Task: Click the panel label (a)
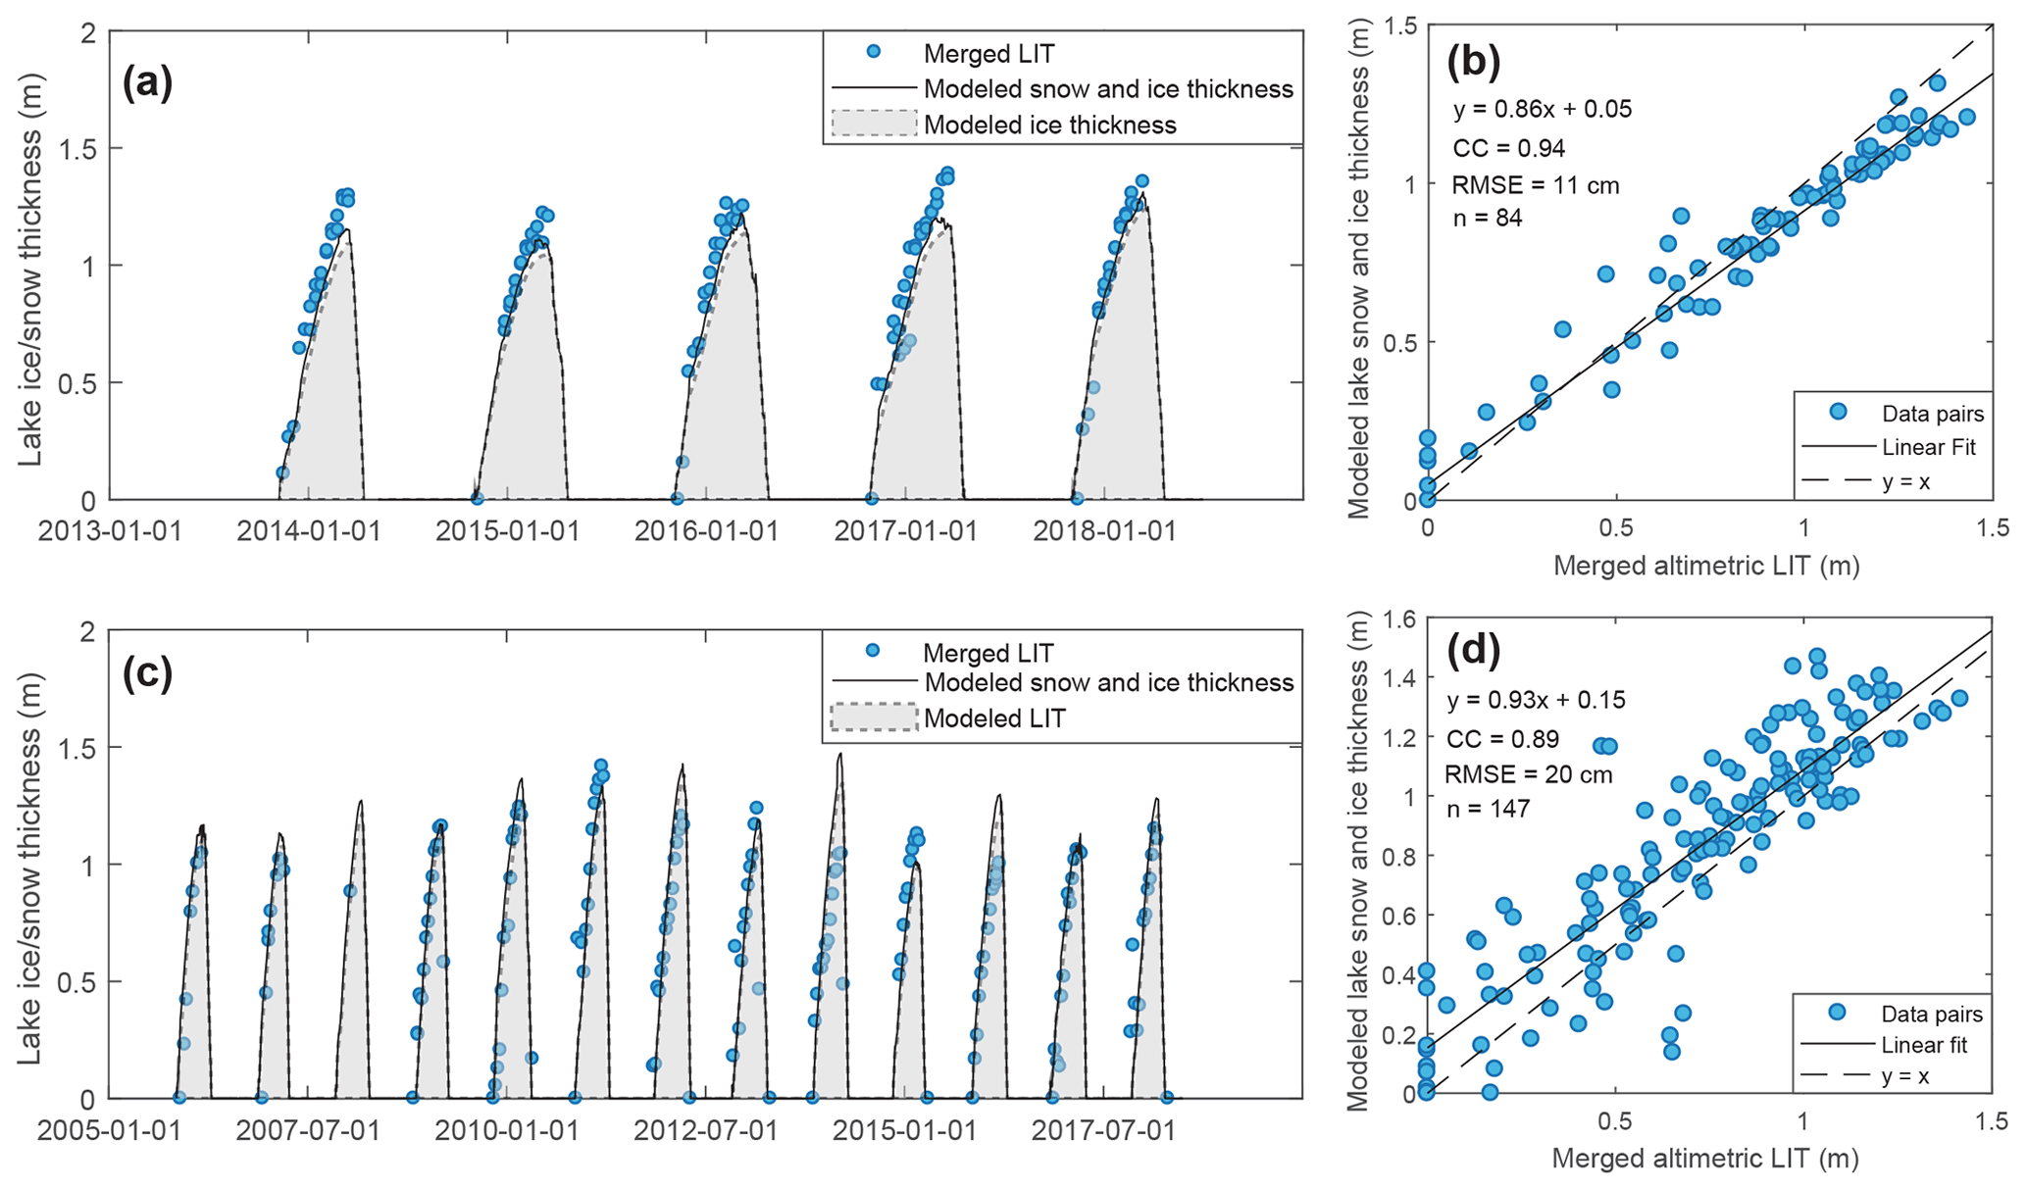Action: point(147,82)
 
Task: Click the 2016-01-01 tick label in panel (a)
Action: point(706,531)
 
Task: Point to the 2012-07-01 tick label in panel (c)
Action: point(706,1130)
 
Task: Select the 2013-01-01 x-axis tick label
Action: point(110,531)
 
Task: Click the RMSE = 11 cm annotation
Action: point(1536,185)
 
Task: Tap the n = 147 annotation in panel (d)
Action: point(1489,809)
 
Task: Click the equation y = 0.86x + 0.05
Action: point(1543,109)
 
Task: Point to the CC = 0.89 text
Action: point(1502,738)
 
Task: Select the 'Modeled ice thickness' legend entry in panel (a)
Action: point(1049,125)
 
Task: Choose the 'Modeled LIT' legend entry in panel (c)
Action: point(993,719)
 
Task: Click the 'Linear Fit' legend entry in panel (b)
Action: point(1928,448)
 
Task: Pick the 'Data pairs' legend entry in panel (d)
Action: point(1931,1014)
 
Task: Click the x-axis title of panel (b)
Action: point(1706,565)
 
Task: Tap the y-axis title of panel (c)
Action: point(29,868)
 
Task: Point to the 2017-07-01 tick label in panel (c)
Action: point(1103,1130)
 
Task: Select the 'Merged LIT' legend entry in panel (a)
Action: point(988,54)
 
